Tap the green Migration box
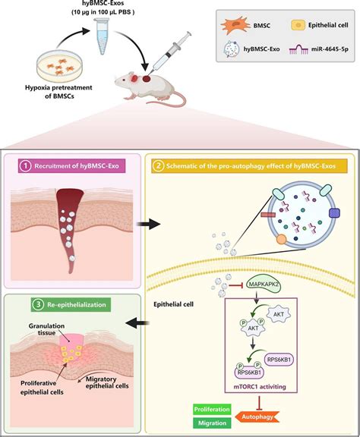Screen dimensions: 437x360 [213, 421]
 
